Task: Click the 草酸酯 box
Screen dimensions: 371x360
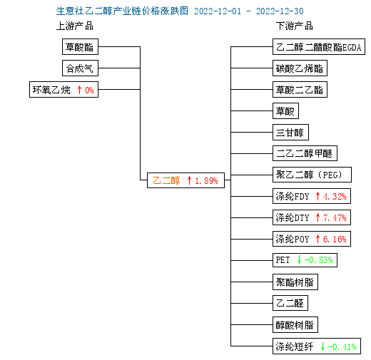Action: (x=80, y=47)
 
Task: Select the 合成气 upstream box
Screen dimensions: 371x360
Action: (x=80, y=68)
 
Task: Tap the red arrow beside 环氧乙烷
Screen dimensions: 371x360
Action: (x=79, y=90)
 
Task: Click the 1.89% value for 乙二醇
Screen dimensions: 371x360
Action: (x=206, y=181)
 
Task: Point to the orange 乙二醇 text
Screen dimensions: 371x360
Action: (x=166, y=180)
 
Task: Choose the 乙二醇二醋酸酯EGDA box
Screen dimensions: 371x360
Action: (x=319, y=47)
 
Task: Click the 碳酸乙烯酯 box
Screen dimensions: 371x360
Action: (x=300, y=68)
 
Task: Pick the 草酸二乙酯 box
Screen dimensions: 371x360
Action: (x=300, y=90)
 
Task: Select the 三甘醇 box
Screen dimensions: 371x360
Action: (x=290, y=133)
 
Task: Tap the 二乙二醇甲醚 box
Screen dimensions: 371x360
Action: (x=305, y=153)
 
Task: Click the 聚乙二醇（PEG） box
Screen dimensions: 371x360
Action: (x=312, y=175)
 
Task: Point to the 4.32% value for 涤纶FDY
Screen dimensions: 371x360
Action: (x=335, y=197)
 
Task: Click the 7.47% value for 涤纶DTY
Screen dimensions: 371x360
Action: (x=335, y=218)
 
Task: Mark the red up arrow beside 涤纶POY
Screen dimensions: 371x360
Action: (x=317, y=239)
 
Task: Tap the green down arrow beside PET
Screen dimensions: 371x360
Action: (x=299, y=259)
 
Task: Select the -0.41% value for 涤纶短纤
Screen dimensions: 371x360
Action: (x=342, y=347)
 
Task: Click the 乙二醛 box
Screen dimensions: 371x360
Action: (x=290, y=303)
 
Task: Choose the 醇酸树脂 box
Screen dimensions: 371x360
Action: (x=295, y=325)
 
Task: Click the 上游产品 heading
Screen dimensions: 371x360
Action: (x=75, y=26)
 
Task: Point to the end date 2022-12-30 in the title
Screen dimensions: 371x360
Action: (x=280, y=11)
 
